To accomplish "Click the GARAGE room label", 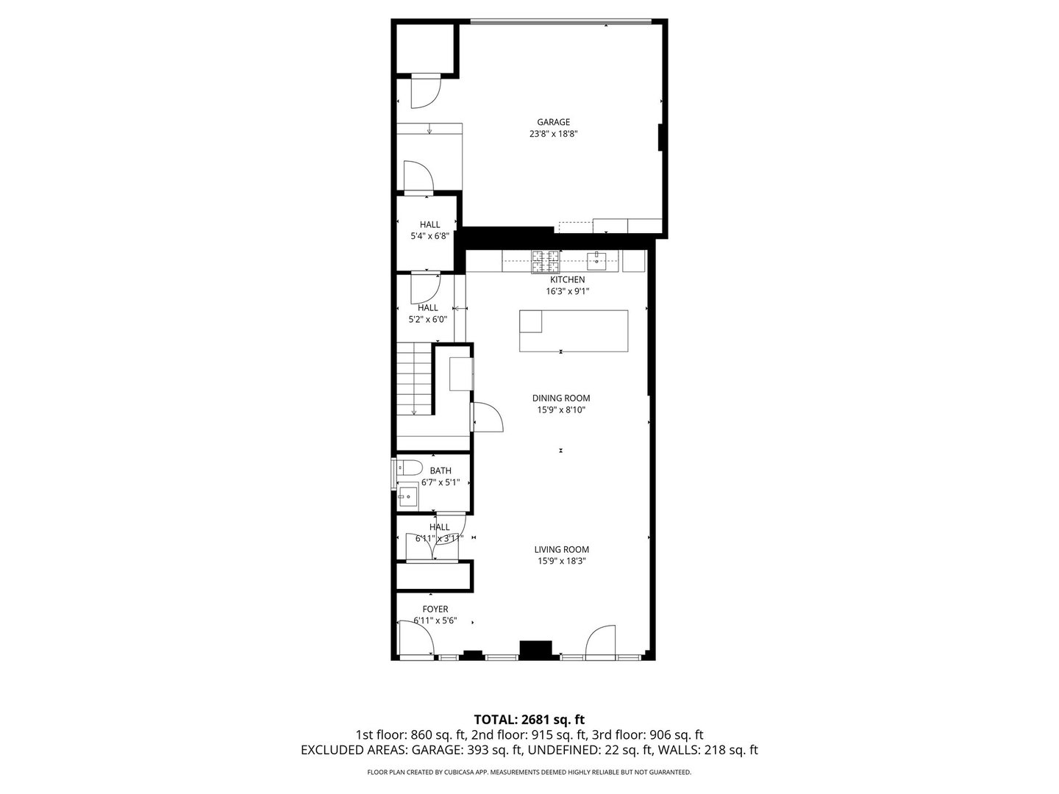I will point(553,122).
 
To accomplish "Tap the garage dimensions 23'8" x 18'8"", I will point(553,134).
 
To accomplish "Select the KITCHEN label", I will point(567,279).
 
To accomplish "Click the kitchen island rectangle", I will point(574,331).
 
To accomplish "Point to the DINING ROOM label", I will point(561,398).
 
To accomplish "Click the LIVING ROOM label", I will point(561,549).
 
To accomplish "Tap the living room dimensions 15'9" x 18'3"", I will point(561,561).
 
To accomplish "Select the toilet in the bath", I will point(407,468).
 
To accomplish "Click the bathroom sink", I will point(407,498).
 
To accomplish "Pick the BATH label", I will point(441,471).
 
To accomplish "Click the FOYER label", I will point(435,609).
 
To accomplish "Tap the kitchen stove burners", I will point(545,257).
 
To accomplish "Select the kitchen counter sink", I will point(596,259).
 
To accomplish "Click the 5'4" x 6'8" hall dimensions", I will point(429,237).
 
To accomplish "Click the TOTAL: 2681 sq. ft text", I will point(529,719).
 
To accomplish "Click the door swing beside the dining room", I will point(487,417).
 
